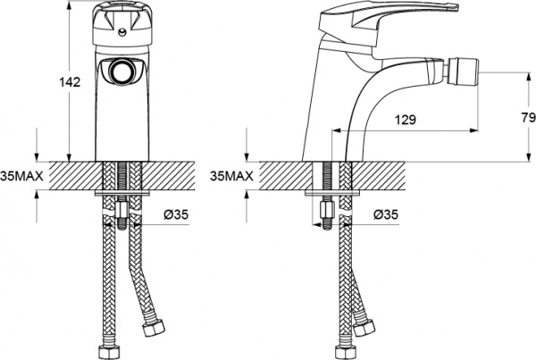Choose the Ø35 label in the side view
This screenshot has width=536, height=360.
[386, 214]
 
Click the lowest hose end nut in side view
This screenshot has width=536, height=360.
[341, 349]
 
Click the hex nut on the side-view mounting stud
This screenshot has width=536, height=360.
[326, 214]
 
